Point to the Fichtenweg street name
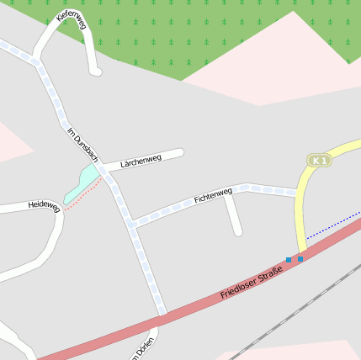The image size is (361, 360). coord(212,196)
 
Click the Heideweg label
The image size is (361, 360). coord(44,204)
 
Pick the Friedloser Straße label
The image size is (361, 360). coord(252,282)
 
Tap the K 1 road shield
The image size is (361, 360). coord(318,160)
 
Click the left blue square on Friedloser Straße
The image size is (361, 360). coord(289,260)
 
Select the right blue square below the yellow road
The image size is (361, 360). coord(300,259)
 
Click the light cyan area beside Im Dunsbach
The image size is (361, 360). coord(82,183)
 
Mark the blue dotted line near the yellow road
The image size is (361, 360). coord(332,227)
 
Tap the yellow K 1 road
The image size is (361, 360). coord(300,210)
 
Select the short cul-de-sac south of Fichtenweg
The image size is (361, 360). coord(234,215)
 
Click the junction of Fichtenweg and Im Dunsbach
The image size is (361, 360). coord(132,224)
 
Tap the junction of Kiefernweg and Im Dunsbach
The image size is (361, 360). coord(37,59)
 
